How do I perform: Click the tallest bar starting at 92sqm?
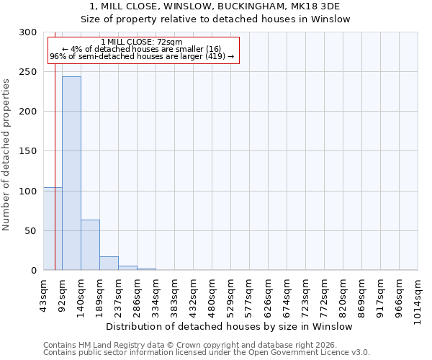coord(71,173)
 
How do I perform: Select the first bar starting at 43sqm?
coord(53,228)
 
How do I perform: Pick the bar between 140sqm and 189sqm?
coord(90,245)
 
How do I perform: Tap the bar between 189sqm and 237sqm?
coord(109,263)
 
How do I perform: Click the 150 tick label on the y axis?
coord(27,151)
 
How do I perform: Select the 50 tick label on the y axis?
coord(30,230)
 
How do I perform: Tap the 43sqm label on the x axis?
coord(43,294)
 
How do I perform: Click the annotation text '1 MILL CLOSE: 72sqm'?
coord(142,42)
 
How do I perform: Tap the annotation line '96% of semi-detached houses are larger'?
coord(142,56)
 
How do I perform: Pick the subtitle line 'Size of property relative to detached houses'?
coord(215,19)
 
